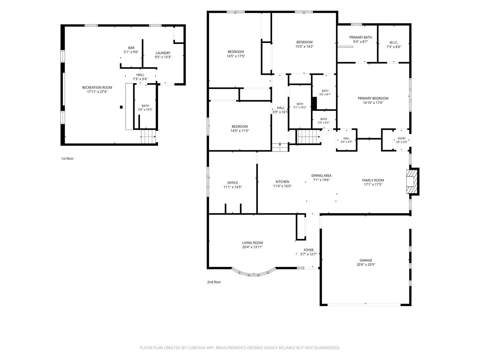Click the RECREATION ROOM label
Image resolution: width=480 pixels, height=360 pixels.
pyautogui.click(x=97, y=87)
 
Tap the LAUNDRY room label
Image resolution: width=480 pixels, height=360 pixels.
pyautogui.click(x=163, y=53)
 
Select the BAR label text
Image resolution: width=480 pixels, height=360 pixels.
pyautogui.click(x=131, y=48)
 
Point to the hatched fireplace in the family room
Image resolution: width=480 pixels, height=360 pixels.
pyautogui.click(x=412, y=181)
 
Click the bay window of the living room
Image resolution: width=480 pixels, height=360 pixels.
pyautogui.click(x=254, y=273)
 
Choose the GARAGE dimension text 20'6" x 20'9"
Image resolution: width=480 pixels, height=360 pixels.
pyautogui.click(x=366, y=264)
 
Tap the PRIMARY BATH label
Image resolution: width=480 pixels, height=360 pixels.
pyautogui.click(x=360, y=37)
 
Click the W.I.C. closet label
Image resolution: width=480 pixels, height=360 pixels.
pyautogui.click(x=394, y=42)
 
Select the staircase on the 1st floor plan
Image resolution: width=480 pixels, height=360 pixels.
pyautogui.click(x=148, y=137)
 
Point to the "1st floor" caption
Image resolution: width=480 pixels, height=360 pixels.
pyautogui.click(x=67, y=158)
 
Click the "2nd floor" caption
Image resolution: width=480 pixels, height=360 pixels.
pyautogui.click(x=214, y=282)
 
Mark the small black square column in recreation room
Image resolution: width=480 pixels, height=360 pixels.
pyautogui.click(x=121, y=107)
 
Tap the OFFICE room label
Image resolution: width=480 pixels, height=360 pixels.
pyautogui.click(x=232, y=183)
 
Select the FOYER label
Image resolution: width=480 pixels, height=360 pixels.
pyautogui.click(x=309, y=250)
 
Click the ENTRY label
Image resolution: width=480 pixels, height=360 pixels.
pyautogui.click(x=401, y=139)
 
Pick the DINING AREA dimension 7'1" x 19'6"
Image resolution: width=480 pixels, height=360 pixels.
pyautogui.click(x=321, y=180)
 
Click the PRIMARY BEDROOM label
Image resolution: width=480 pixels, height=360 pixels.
pyautogui.click(x=373, y=98)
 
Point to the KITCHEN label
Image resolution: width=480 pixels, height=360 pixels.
pyautogui.click(x=282, y=182)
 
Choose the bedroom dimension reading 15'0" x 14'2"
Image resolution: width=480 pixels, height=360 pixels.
pyautogui.click(x=304, y=46)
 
